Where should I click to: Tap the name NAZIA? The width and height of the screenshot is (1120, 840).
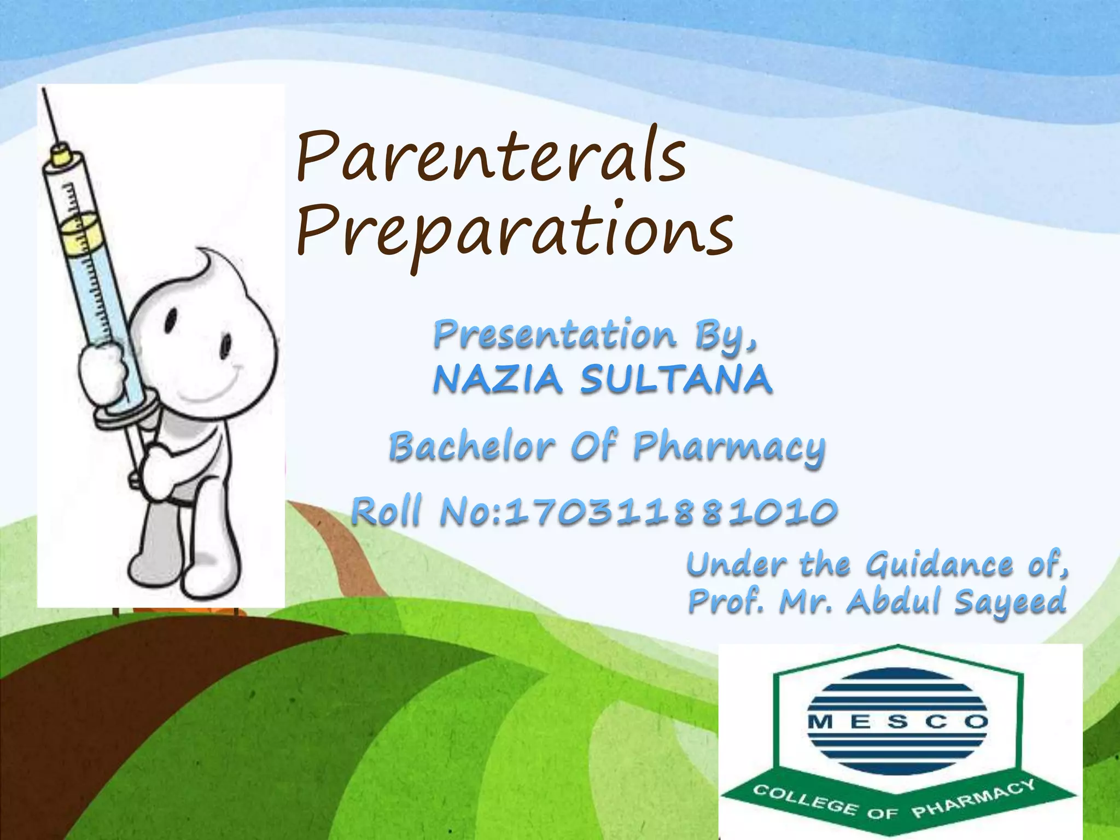(498, 379)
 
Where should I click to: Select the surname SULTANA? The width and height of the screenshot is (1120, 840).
(676, 379)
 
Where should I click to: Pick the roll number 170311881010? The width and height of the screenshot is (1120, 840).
(670, 512)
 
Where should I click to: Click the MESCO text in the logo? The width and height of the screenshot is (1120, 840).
(897, 722)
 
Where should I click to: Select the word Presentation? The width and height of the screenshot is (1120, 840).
(555, 334)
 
